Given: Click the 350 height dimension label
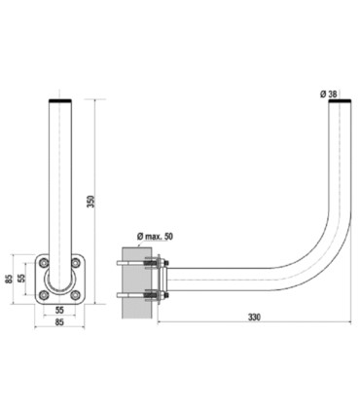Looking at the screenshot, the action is click(x=91, y=202).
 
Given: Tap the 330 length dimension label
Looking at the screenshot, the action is click(x=254, y=317).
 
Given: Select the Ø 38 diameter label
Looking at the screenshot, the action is click(x=328, y=94).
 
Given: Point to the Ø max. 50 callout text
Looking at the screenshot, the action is click(x=155, y=236).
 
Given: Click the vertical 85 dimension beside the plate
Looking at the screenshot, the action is click(x=10, y=279).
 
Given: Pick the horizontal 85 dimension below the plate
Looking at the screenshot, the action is click(x=59, y=322).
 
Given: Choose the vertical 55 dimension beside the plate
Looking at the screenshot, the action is click(x=21, y=278).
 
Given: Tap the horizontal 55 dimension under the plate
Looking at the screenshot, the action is click(x=59, y=310).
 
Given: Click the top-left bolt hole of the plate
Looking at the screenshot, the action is click(x=44, y=263).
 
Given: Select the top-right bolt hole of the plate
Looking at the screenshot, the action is click(x=75, y=263).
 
